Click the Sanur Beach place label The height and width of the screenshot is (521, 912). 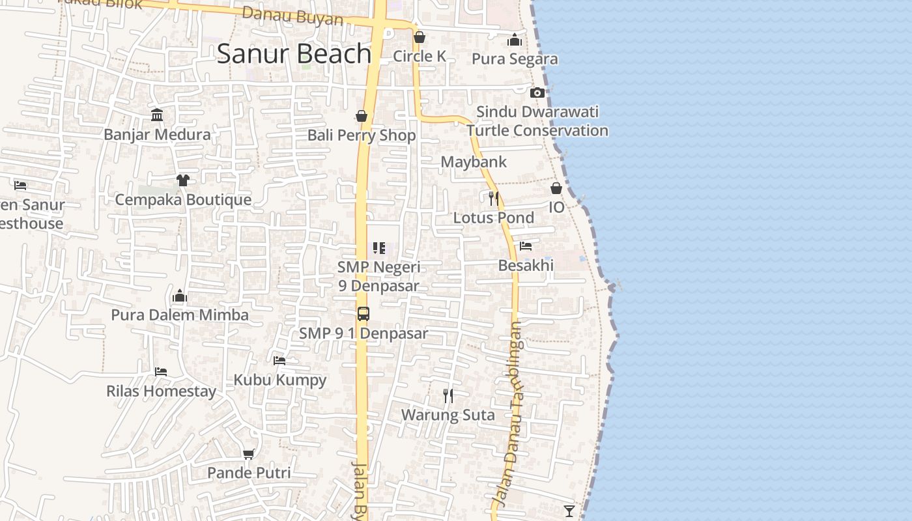pyautogui.click(x=294, y=53)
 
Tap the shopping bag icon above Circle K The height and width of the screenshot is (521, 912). pyautogui.click(x=420, y=37)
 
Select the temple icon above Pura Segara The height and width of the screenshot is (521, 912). pyautogui.click(x=515, y=40)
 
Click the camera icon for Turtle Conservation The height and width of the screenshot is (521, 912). pyautogui.click(x=537, y=93)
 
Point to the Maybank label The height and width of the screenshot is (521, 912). pyautogui.click(x=474, y=162)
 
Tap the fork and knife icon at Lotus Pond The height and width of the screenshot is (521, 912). pyautogui.click(x=494, y=197)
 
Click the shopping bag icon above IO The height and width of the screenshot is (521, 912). pyautogui.click(x=556, y=188)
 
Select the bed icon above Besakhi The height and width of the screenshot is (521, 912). pyautogui.click(x=526, y=246)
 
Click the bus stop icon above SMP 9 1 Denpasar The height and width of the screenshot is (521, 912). pyautogui.click(x=363, y=314)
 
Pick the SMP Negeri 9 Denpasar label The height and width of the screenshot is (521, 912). pyautogui.click(x=379, y=276)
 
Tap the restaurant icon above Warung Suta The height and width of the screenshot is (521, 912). pyautogui.click(x=448, y=395)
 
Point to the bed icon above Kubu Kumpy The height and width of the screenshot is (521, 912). pyautogui.click(x=279, y=360)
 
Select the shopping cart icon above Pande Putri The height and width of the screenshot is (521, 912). pyautogui.click(x=248, y=454)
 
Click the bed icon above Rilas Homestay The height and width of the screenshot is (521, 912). pyautogui.click(x=161, y=372)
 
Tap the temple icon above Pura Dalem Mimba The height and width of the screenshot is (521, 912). pyautogui.click(x=180, y=296)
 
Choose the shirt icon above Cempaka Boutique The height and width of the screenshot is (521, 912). pyautogui.click(x=183, y=180)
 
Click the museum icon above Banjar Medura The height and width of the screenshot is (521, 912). pyautogui.click(x=157, y=115)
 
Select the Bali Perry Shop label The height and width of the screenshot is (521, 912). pyautogui.click(x=362, y=135)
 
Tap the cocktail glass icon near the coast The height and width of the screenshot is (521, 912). pyautogui.click(x=569, y=511)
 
